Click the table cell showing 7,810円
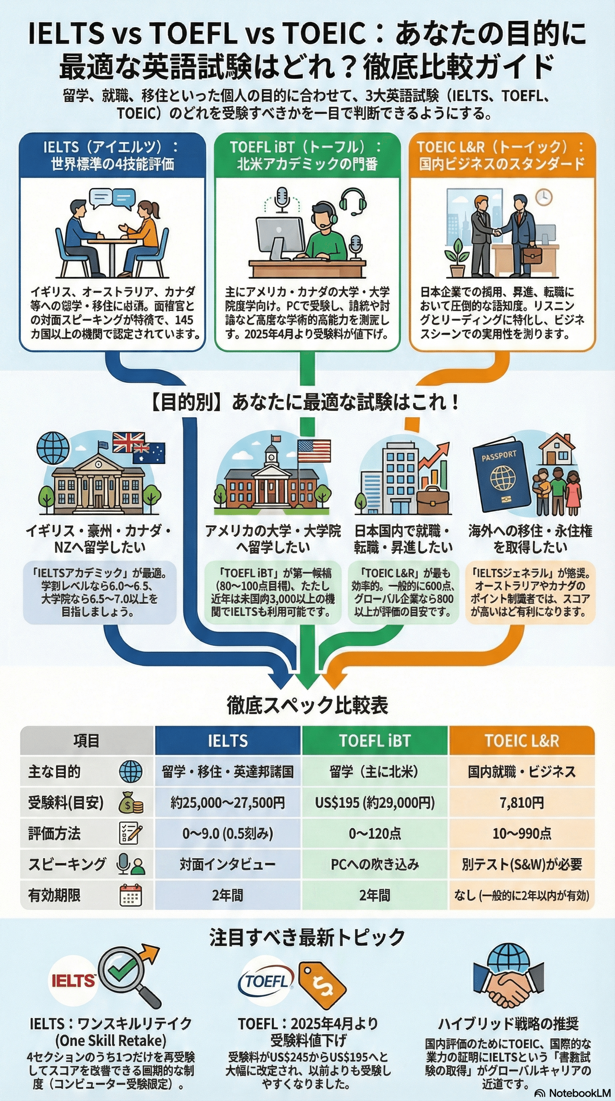(521, 803)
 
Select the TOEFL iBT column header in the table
(375, 741)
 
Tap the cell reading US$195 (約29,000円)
(375, 803)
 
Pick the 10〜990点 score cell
(521, 833)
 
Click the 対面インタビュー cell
(227, 864)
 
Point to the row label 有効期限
(54, 895)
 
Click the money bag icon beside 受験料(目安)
(131, 803)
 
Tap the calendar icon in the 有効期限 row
(131, 895)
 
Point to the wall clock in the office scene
(544, 196)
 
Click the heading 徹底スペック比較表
(307, 705)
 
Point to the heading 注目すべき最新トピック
(307, 937)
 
